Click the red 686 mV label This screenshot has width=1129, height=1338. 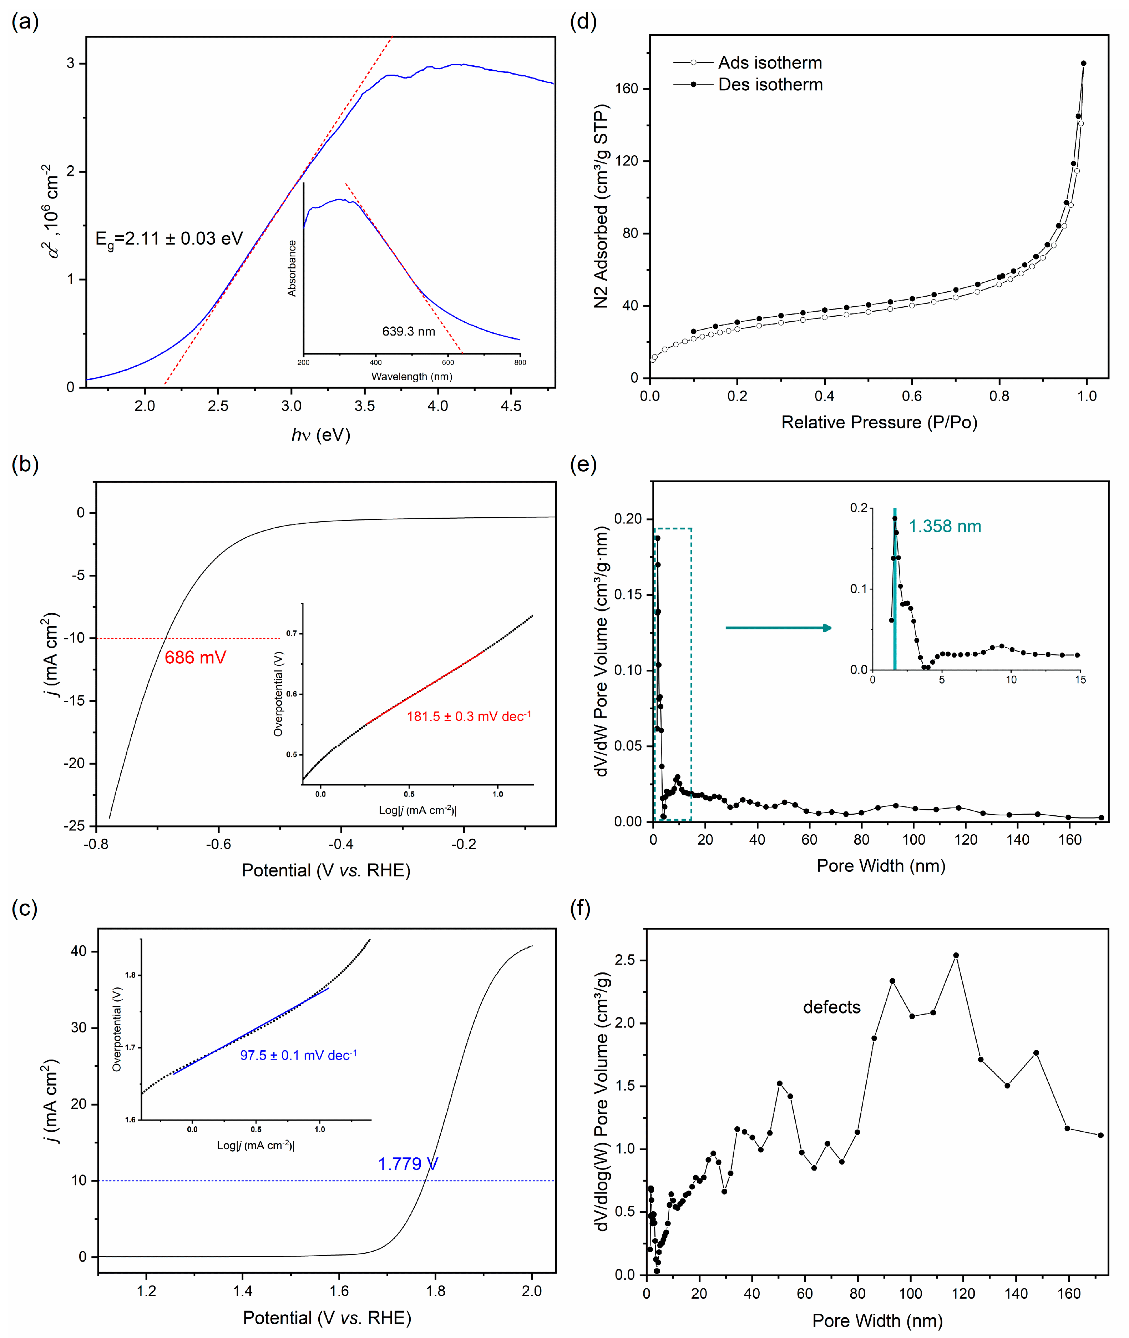click(x=195, y=658)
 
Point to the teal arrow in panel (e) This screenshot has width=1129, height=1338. click(x=778, y=627)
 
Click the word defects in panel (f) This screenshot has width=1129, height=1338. click(x=831, y=1007)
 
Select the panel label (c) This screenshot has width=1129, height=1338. click(x=24, y=909)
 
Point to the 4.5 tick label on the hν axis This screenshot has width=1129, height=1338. click(x=511, y=406)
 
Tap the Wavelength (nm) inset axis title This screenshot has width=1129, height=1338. click(x=411, y=376)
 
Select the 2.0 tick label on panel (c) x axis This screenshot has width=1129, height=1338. click(x=531, y=1291)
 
